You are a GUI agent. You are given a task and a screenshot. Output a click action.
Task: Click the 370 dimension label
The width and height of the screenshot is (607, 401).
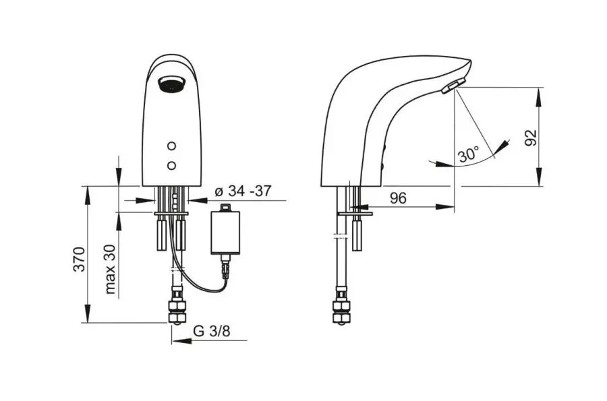(80, 258)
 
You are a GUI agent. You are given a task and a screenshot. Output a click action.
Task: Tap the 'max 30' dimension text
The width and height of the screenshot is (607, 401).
(111, 269)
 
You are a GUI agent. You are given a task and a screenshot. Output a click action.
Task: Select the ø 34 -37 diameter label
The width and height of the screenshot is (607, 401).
(243, 191)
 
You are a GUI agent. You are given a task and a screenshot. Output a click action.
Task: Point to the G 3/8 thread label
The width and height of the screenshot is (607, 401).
(212, 331)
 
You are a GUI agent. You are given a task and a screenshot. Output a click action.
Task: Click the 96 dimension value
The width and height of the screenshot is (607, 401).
(398, 198)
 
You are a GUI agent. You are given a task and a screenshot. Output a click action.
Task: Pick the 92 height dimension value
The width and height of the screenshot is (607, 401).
(531, 137)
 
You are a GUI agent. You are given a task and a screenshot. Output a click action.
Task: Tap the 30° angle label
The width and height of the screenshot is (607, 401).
(469, 154)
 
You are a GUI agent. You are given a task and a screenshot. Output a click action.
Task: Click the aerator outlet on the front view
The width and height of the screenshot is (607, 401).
(172, 84)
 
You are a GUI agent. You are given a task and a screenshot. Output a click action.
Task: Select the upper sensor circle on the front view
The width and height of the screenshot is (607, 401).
(172, 146)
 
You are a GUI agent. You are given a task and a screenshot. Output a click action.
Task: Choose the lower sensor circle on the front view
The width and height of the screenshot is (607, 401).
(172, 166)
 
